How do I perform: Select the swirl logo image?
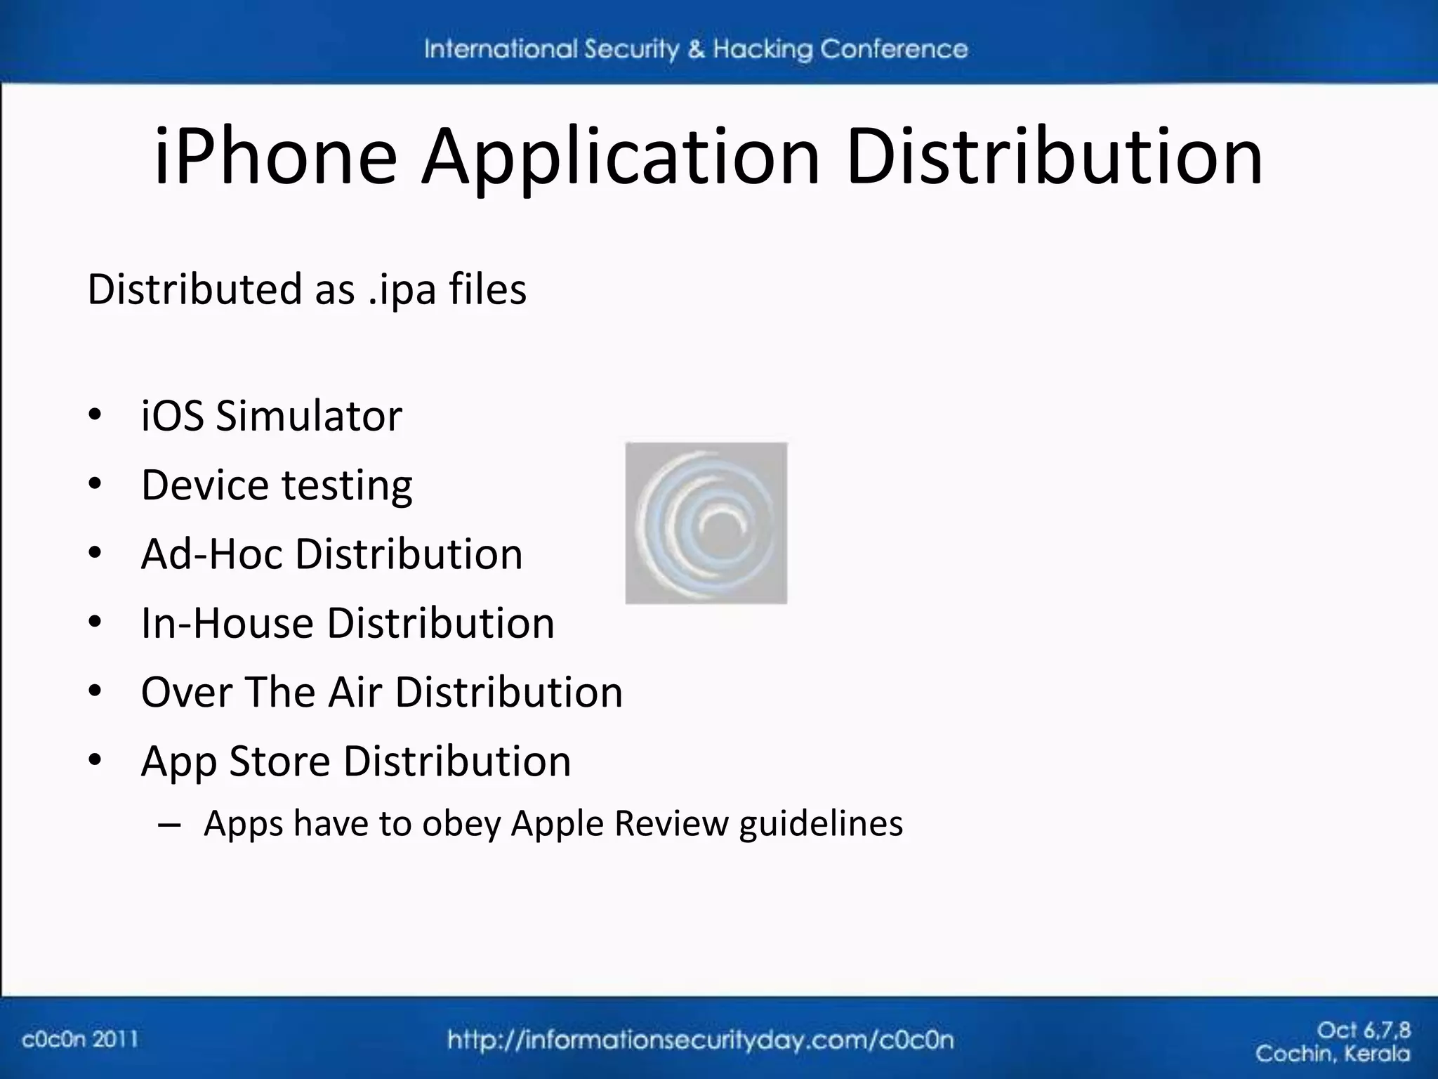click(x=706, y=523)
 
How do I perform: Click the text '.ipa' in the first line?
click(x=402, y=289)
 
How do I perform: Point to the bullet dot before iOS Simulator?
click(x=95, y=415)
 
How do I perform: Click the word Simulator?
click(x=309, y=415)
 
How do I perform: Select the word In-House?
click(x=226, y=623)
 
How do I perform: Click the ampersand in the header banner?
click(x=696, y=49)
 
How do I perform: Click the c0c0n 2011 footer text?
click(x=80, y=1039)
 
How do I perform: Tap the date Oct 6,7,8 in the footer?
click(x=1364, y=1031)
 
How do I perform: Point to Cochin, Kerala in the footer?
click(x=1332, y=1054)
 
